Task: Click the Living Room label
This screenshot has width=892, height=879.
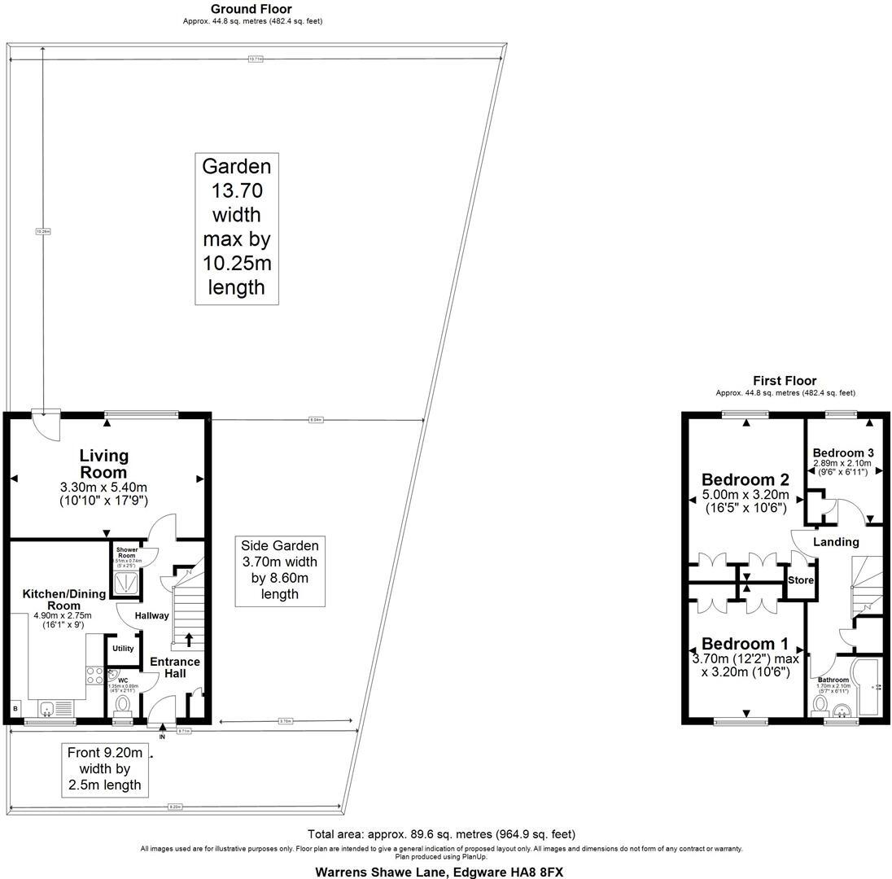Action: click(x=103, y=464)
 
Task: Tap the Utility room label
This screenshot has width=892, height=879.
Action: click(x=123, y=649)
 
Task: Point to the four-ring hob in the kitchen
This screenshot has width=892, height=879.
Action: click(x=94, y=675)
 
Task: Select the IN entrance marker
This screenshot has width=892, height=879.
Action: click(x=161, y=737)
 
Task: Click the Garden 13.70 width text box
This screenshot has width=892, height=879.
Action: click(x=236, y=227)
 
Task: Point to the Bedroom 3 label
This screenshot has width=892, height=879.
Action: click(x=843, y=453)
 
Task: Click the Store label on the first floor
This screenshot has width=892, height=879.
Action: click(x=800, y=580)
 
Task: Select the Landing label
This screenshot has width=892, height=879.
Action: click(x=836, y=542)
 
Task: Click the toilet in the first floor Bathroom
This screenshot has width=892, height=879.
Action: click(x=820, y=703)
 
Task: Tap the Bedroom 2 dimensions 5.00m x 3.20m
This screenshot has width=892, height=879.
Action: click(x=746, y=494)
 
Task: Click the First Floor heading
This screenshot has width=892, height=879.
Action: click(x=785, y=380)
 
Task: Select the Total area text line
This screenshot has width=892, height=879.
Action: click(x=441, y=834)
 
